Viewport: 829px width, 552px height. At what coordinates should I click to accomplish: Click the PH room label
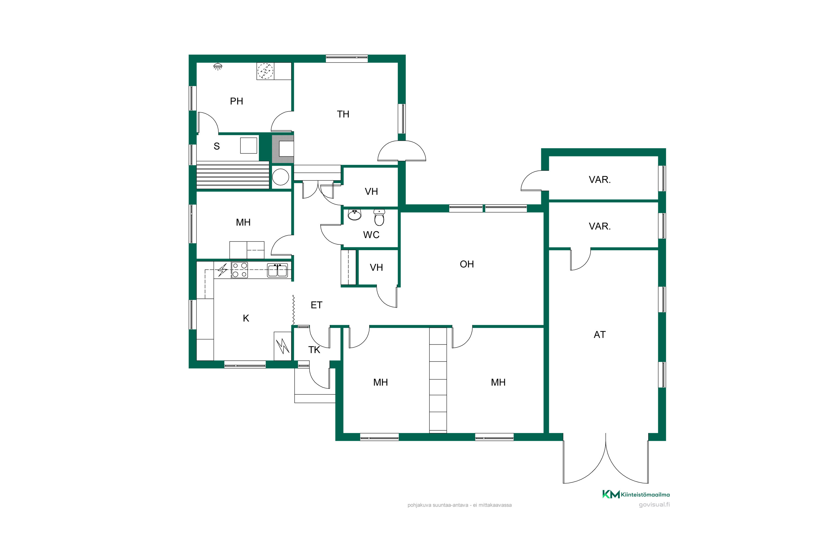(x=237, y=101)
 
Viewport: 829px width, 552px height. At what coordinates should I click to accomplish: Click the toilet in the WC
(x=379, y=217)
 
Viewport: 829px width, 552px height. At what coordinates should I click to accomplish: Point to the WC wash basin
(x=355, y=215)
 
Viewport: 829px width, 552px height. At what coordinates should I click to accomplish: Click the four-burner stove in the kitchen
(x=240, y=270)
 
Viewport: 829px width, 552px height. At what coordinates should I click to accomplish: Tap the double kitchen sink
(x=277, y=270)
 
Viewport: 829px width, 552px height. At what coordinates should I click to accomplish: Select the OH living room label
(x=467, y=264)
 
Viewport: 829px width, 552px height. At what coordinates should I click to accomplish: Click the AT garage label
(x=600, y=335)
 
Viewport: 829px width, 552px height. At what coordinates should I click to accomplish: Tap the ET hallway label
(x=316, y=305)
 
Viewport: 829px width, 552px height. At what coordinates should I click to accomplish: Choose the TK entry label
(x=314, y=350)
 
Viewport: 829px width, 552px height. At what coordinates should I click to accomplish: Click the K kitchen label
(x=246, y=319)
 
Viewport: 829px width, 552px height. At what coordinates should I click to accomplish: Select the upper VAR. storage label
(x=600, y=180)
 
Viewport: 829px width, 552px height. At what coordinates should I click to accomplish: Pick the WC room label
(x=371, y=235)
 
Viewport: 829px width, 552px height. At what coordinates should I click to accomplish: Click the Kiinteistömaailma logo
(x=636, y=495)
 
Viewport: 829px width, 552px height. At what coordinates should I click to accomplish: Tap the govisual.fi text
(x=654, y=505)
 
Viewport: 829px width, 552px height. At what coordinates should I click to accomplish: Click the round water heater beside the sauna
(x=280, y=177)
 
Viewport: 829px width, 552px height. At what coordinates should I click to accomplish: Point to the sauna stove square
(x=248, y=145)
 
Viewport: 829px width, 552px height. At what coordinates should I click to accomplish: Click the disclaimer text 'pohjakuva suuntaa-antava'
(x=438, y=505)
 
